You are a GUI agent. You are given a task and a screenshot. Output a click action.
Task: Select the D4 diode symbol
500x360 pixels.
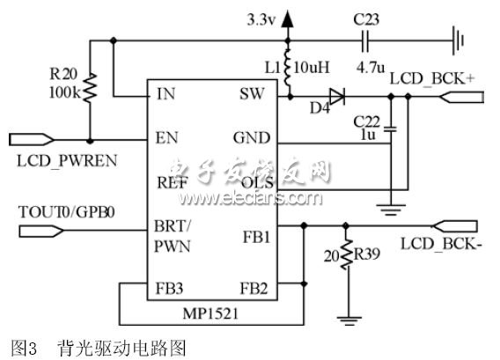(x=335, y=96)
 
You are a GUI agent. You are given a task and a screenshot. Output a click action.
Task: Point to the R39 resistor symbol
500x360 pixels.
(x=344, y=258)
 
